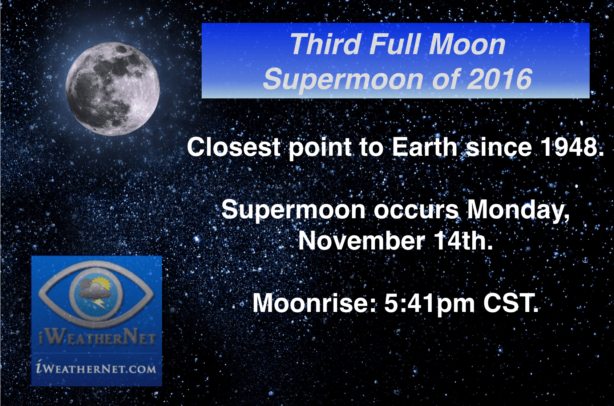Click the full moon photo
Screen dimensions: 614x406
pos(112,89)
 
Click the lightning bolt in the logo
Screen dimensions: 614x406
pos(99,303)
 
